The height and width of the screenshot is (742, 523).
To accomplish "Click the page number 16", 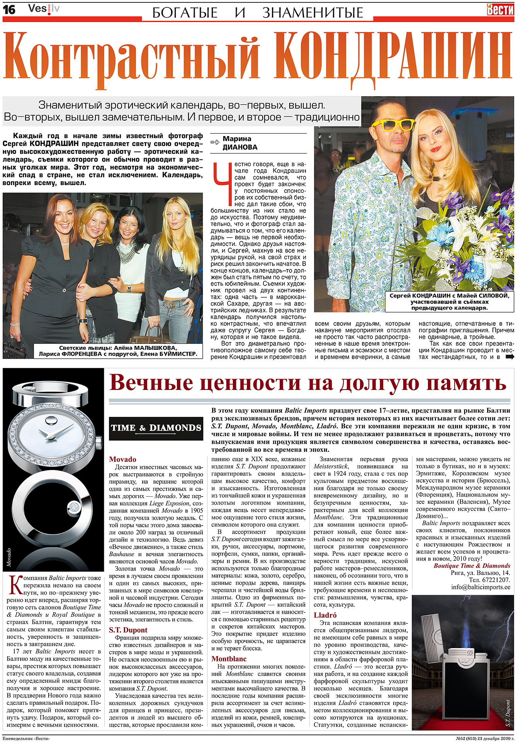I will [x=9, y=9].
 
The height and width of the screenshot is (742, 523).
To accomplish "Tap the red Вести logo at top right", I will [x=500, y=9].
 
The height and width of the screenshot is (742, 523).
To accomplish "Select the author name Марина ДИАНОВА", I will [x=239, y=143].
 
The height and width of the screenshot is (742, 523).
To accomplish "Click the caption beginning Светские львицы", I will [x=118, y=351].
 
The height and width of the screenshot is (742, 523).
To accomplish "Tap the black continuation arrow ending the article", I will [x=510, y=357].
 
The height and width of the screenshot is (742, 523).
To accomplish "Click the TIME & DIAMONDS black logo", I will [x=156, y=428].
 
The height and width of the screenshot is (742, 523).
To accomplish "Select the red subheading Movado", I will [x=122, y=459].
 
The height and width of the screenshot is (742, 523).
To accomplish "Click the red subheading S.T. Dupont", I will [x=128, y=630].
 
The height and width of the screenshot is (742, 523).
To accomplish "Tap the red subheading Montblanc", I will [x=229, y=659].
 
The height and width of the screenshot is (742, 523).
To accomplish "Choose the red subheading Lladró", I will [x=325, y=615].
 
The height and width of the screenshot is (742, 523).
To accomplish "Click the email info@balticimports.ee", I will [x=481, y=587].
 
